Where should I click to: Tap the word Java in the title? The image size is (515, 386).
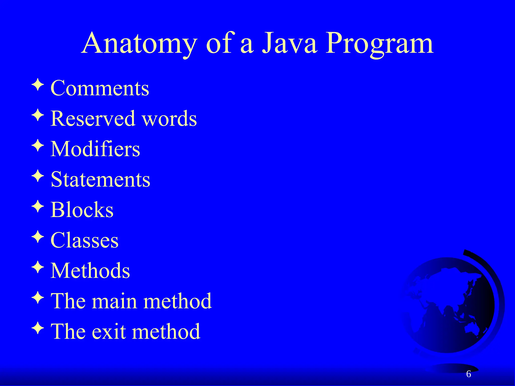289,43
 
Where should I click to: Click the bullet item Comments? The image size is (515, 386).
100,88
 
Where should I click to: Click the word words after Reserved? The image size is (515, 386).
169,119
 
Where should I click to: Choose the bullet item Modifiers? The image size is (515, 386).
95,149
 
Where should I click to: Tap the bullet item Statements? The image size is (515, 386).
100,179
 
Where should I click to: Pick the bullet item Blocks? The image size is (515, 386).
82,210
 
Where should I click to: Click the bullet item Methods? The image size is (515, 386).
90,271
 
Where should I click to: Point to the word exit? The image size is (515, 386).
109,331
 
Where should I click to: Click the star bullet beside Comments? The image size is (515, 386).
38,85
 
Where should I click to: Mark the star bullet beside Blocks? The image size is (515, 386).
38,206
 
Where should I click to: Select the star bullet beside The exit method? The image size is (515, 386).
38,328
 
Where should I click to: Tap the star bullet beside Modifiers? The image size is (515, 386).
38,146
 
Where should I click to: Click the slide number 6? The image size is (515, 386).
468,374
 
